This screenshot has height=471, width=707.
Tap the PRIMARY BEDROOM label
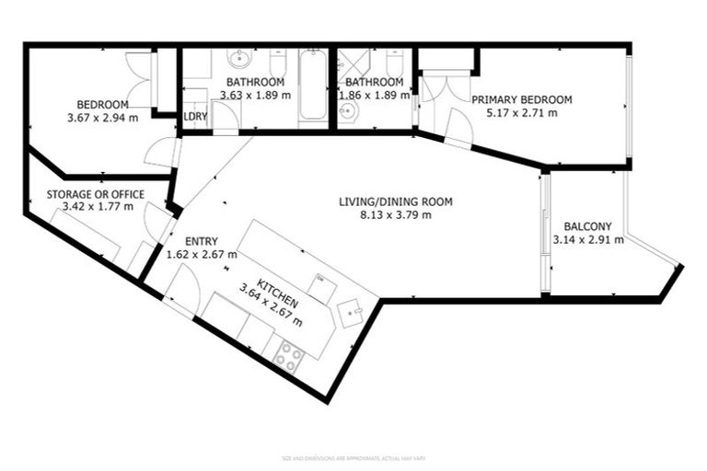coord(521,99)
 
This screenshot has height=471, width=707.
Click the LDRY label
coord(195,117)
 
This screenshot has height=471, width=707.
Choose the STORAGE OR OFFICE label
coord(96,193)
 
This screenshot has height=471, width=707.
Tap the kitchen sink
coord(350,313)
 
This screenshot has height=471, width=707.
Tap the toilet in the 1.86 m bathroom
coord(394,64)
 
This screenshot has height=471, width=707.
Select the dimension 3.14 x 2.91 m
coord(588,240)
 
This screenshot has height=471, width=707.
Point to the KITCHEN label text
coord(275,283)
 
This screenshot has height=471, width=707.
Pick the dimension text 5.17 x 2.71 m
coord(521,112)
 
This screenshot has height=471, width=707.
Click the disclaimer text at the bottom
coord(353,457)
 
